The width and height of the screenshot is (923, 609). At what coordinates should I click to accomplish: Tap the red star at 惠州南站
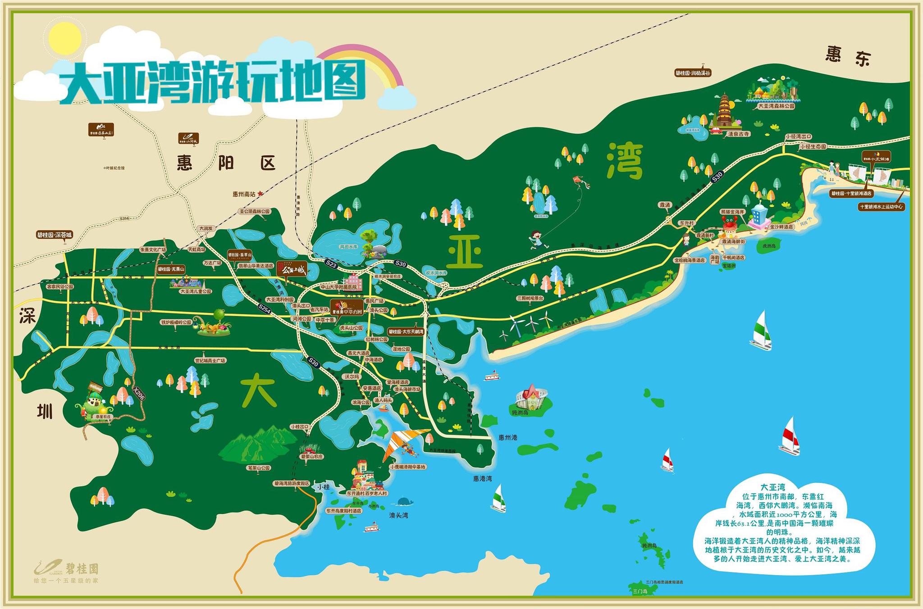click(x=260, y=193)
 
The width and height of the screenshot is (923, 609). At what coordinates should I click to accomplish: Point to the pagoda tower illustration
click(x=724, y=111)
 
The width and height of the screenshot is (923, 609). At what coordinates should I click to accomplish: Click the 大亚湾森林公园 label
click(x=776, y=106)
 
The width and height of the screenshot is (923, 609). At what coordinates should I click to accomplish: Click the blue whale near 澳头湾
click(x=406, y=501)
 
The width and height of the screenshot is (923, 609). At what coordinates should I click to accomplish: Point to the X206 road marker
click(x=139, y=393)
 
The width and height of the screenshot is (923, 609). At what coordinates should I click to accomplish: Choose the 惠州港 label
click(x=508, y=437)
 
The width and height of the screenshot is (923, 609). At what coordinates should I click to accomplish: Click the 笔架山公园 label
click(x=258, y=468)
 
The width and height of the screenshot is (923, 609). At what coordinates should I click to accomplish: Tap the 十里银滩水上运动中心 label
click(x=882, y=207)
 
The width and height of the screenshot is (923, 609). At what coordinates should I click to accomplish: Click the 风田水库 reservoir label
click(x=348, y=247)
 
